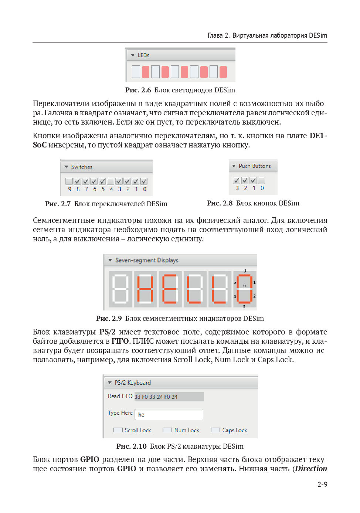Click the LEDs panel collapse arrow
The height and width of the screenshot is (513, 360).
pos(133,55)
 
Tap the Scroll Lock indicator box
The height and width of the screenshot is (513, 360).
pos(118,430)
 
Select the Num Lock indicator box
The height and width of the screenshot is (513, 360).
pos(167,430)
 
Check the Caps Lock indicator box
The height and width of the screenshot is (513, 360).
pos(215,430)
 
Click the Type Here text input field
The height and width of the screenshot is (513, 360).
pos(169,414)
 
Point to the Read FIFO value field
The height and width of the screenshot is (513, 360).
pos(169,397)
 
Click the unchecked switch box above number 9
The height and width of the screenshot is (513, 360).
pos(69,181)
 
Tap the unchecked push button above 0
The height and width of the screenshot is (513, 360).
pos(262,180)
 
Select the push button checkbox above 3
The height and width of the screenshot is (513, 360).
pos(237,180)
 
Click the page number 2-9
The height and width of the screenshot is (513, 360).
pos(322,484)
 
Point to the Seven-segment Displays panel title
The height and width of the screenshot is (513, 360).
pos(147,260)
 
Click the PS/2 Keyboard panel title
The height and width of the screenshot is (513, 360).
pos(133,383)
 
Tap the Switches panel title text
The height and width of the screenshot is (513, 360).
pos(82,167)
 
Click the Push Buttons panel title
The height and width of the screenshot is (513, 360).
pos(255,166)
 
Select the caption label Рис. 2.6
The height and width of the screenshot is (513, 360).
pos(138,90)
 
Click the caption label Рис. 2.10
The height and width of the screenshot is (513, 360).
pos(131,446)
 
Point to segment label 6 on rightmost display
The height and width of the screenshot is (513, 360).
pos(244,286)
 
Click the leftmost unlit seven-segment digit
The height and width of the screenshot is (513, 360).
pos(120,289)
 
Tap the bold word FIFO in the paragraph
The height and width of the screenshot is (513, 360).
pos(120,341)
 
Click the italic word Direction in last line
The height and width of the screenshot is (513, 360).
pos(310,469)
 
